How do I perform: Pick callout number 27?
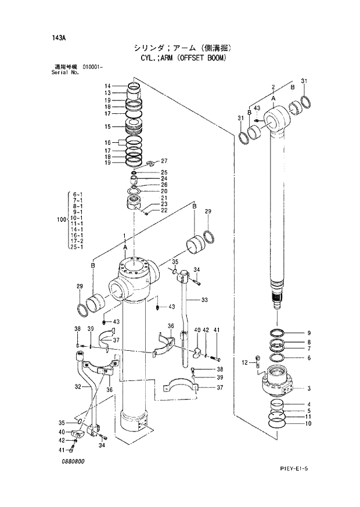click(x=164, y=161)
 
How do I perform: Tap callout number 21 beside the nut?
click(x=164, y=198)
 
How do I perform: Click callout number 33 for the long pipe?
click(x=204, y=300)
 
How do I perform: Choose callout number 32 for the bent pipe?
click(x=77, y=386)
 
